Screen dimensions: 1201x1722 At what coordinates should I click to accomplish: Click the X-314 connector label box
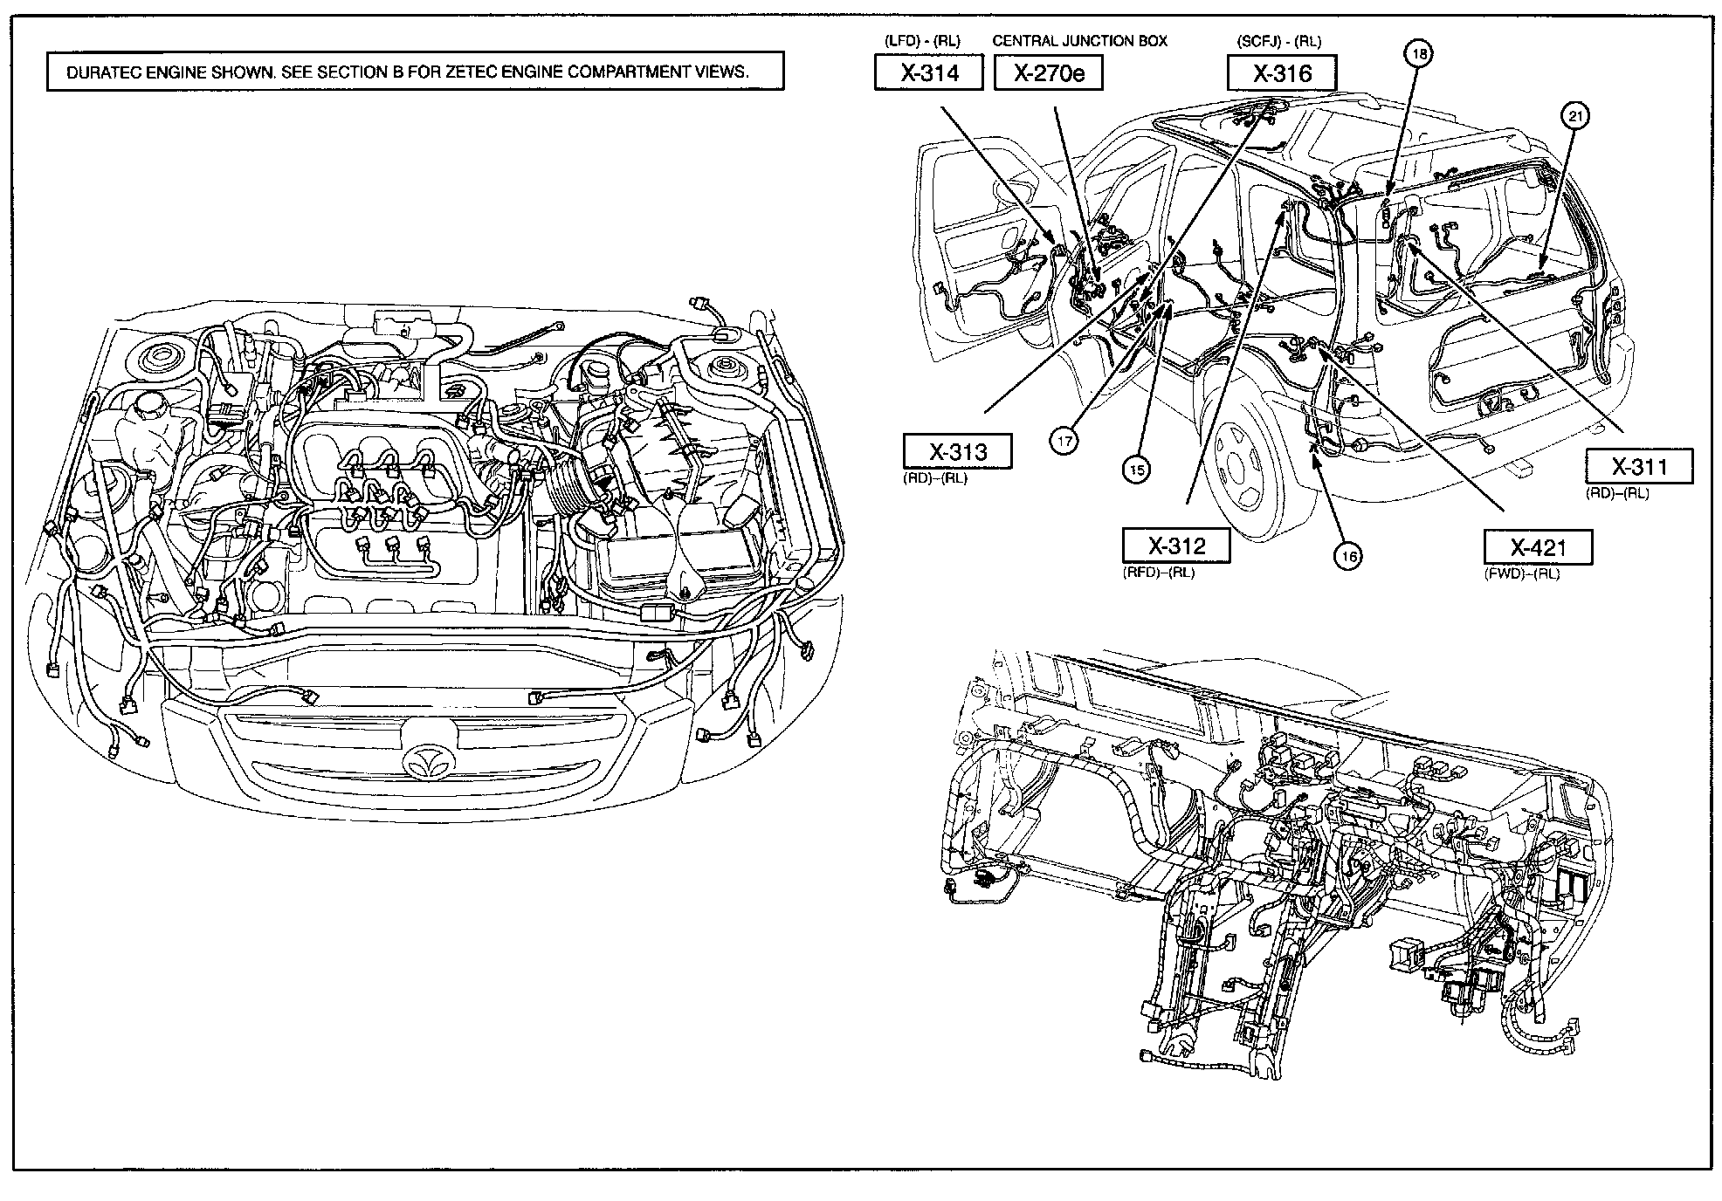point(929,72)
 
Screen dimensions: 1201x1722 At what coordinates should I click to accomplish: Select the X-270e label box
point(1048,72)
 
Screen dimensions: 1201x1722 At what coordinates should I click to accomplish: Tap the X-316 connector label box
point(1282,73)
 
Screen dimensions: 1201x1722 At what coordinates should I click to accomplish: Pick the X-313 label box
point(957,451)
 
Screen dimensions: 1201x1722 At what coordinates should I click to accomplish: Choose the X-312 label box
point(1176,546)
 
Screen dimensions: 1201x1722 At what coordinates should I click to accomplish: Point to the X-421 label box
point(1538,547)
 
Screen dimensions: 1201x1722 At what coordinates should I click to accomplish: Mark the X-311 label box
point(1639,466)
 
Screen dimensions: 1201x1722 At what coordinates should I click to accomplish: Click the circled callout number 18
point(1419,54)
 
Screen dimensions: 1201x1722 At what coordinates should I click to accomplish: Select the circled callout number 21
point(1575,115)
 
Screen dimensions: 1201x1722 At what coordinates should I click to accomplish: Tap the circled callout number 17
point(1064,442)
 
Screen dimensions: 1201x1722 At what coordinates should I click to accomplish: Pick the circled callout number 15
point(1135,470)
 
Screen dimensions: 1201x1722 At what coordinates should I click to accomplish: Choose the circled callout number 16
point(1349,556)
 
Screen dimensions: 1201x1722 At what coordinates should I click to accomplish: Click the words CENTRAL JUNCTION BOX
point(1079,41)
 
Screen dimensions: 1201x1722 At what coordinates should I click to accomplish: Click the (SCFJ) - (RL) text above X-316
point(1278,41)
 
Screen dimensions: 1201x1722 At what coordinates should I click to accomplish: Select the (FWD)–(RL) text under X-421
point(1521,574)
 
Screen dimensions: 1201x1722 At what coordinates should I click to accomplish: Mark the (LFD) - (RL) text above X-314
point(921,41)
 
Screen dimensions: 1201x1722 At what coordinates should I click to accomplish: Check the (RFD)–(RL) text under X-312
point(1159,573)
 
